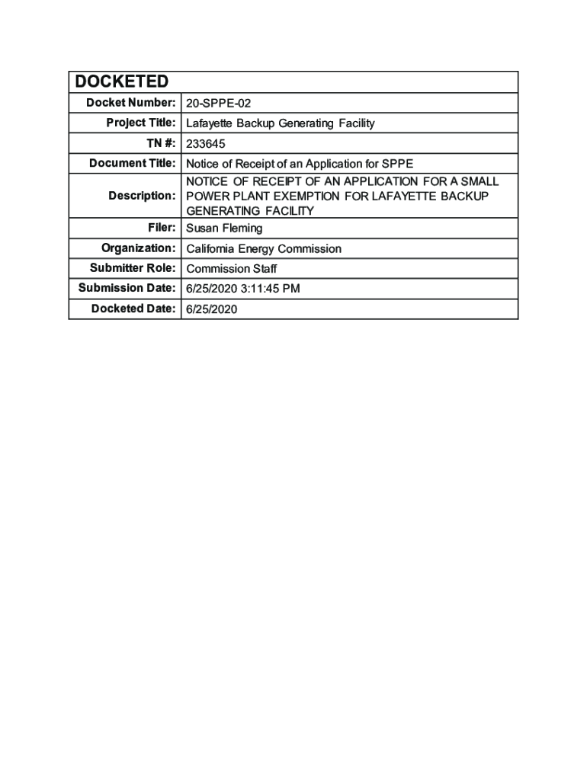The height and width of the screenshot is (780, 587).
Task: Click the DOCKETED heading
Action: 121,82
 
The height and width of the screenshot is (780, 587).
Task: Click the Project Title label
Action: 141,123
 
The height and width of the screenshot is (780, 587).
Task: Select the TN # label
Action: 159,142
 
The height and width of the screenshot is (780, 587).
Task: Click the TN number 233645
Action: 206,143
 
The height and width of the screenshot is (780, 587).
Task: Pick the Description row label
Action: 142,196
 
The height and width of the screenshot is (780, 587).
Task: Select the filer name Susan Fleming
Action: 224,229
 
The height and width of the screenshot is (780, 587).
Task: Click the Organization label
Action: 139,248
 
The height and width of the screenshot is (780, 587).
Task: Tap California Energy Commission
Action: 264,249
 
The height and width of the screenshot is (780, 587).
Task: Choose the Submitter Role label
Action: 133,267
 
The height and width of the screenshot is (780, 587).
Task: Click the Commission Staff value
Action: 232,269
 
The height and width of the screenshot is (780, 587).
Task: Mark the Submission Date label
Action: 127,287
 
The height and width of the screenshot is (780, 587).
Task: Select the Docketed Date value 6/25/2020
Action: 212,308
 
